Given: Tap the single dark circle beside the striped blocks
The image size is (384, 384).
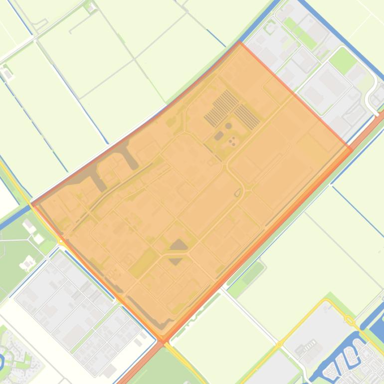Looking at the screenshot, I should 228,126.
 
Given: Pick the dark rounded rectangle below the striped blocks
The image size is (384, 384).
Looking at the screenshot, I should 218,136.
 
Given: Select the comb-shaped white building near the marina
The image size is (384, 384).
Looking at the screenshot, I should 309,345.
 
